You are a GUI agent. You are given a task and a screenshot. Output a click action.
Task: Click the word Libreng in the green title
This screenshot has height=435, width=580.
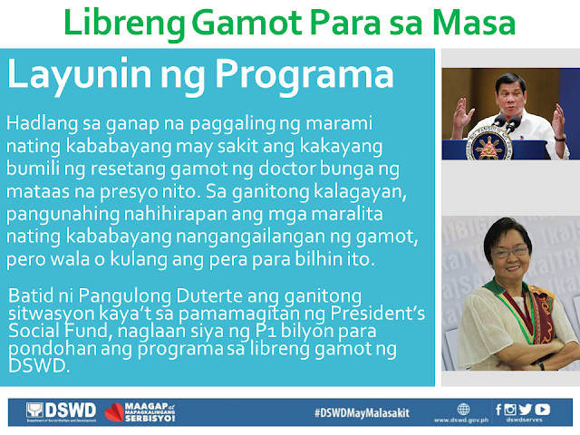pos(125,24)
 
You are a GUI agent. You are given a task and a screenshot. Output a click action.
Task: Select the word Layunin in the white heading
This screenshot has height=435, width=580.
pos(79,75)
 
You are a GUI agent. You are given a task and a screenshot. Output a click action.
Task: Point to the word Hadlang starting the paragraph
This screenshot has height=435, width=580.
pos(42,124)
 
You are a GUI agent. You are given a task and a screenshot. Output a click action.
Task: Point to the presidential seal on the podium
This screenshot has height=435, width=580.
pos(488,143)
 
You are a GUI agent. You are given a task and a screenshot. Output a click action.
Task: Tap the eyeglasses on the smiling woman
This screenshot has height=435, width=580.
pos(509,252)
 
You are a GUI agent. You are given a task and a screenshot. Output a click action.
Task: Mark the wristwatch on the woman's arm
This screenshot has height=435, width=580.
pos(541,365)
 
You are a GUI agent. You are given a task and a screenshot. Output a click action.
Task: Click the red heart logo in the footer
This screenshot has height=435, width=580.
pos(114,412)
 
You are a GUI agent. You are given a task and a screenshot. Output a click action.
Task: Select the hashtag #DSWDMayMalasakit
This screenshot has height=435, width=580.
pos(362,413)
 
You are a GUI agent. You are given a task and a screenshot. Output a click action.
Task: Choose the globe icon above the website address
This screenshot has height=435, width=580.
pos(463,410)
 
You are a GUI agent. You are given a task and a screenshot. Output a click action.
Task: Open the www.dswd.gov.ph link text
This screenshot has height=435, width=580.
pos(461,420)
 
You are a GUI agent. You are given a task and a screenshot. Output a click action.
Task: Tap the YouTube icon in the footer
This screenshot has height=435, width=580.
pos(542,410)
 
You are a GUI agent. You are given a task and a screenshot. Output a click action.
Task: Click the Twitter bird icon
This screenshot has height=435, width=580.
pos(526,410)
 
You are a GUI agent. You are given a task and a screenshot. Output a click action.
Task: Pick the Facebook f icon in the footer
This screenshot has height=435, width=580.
pos(498,410)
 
